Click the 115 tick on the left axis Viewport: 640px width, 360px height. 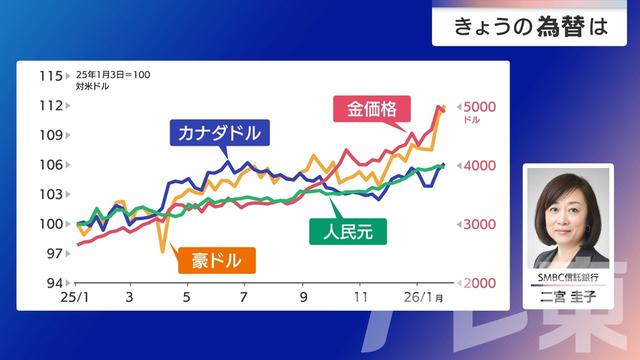[x=48, y=76]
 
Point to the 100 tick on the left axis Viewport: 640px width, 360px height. [x=48, y=224]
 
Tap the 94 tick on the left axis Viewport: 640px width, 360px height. [x=52, y=284]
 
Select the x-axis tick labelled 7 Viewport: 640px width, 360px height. [x=244, y=298]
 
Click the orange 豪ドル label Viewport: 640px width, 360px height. [x=215, y=262]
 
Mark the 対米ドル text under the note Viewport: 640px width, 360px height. [x=92, y=87]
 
